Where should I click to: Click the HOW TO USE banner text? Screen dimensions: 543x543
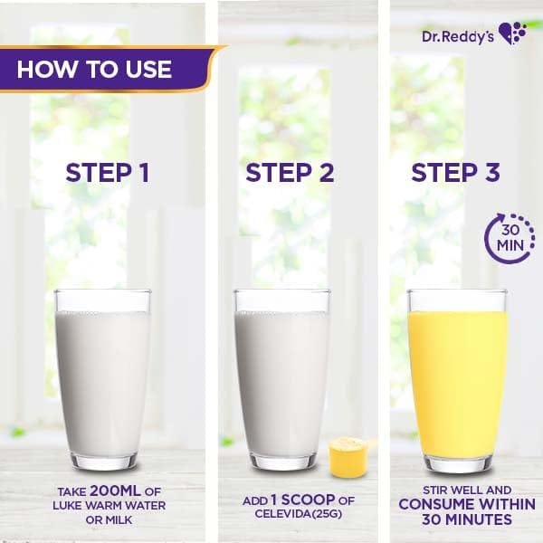(94, 69)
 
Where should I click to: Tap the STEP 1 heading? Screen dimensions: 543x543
(108, 173)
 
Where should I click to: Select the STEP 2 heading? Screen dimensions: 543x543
(290, 173)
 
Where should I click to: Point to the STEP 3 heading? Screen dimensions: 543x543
(455, 173)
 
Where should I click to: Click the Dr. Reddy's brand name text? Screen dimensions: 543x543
(458, 36)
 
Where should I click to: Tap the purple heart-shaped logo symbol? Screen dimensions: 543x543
(512, 33)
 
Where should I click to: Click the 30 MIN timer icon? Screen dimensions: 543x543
(510, 237)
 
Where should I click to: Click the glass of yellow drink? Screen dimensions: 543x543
(458, 380)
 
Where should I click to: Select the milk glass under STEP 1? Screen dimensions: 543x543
(103, 379)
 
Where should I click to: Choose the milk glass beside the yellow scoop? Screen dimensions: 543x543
(282, 379)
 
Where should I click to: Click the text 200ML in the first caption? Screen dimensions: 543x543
(115, 491)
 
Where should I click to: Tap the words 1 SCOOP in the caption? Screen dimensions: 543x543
(303, 500)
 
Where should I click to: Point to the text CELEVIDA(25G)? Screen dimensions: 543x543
(298, 513)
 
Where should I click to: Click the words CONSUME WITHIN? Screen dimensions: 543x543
(467, 504)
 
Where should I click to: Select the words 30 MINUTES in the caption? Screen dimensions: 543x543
(467, 519)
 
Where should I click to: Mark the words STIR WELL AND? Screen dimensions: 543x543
(467, 490)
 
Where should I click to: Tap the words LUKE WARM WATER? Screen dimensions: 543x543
(110, 505)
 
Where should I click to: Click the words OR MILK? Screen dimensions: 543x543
(110, 519)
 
